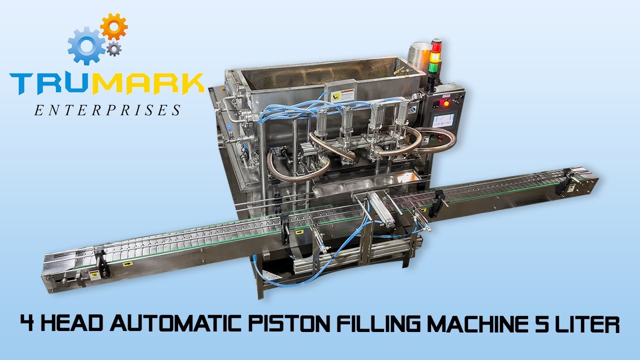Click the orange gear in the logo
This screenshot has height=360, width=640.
(x=113, y=27)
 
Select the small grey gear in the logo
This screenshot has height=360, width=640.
(x=114, y=48)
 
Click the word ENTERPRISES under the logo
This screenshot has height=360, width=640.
(x=107, y=110)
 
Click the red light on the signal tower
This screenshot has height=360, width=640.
(x=436, y=46)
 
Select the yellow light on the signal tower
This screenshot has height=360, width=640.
(x=435, y=57)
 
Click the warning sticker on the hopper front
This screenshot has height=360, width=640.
(x=338, y=93)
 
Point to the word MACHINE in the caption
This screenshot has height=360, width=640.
(x=460, y=324)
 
